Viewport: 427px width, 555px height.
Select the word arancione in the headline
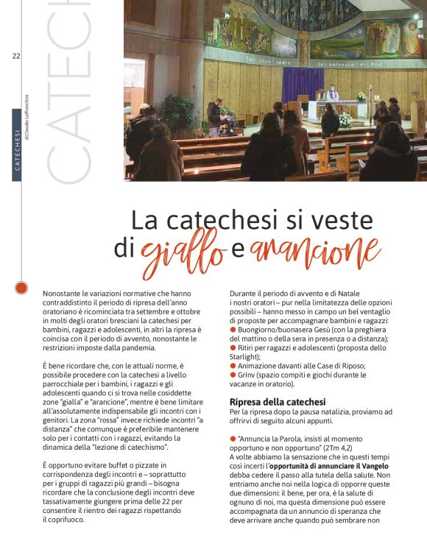314,250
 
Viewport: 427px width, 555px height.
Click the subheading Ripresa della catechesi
278,402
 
